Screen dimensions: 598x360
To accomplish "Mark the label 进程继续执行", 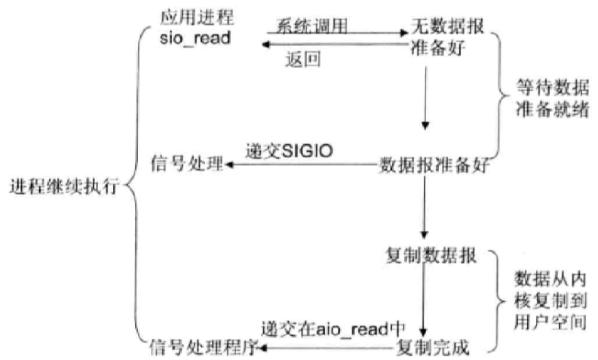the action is click(63, 186).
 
